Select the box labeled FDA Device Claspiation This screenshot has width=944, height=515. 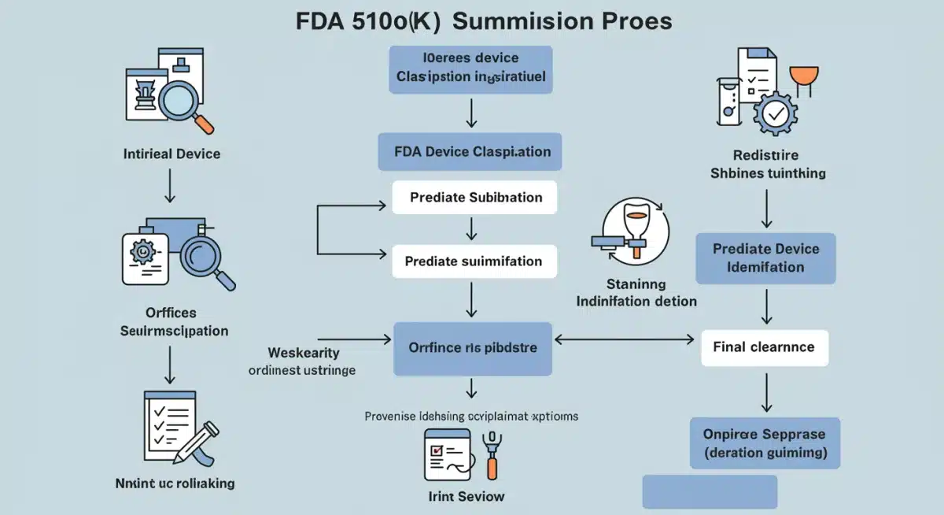(x=470, y=151)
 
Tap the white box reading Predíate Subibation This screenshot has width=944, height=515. (x=475, y=197)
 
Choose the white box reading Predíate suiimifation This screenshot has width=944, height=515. (x=474, y=261)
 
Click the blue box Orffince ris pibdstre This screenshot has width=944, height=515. (x=472, y=347)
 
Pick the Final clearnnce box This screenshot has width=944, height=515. (x=764, y=347)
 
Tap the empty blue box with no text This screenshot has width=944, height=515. (x=710, y=491)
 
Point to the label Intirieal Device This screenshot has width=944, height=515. (x=171, y=154)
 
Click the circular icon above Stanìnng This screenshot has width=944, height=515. (x=634, y=232)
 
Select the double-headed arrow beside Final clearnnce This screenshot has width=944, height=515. (x=627, y=340)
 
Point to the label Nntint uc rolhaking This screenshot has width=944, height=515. (x=175, y=482)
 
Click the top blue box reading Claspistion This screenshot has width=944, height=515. (x=470, y=69)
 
